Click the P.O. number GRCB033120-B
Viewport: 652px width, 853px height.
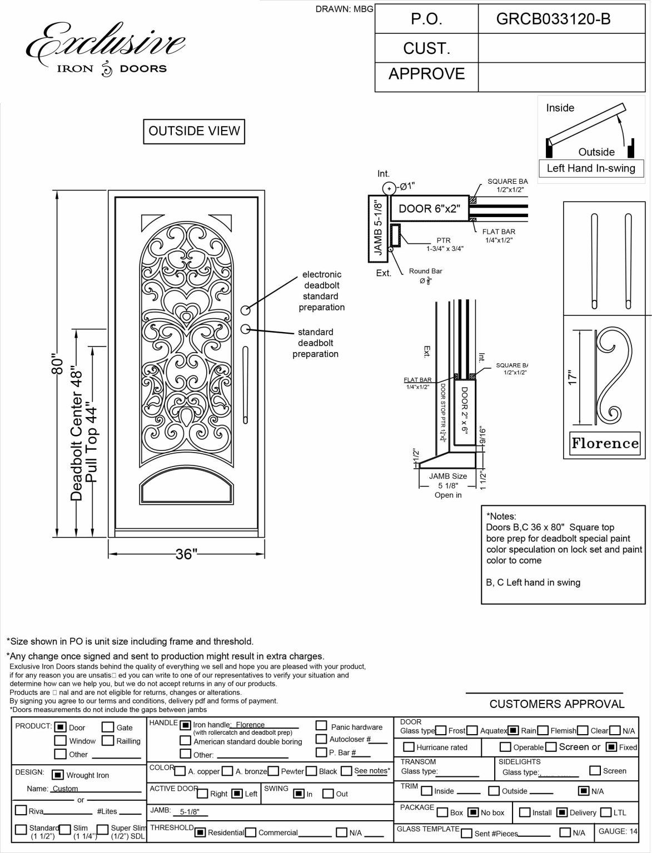[x=553, y=19]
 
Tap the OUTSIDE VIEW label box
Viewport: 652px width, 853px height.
[x=194, y=131]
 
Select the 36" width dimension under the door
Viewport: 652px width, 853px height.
[x=186, y=554]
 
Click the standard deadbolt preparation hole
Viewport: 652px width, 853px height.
[x=245, y=329]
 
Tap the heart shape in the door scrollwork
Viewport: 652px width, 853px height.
[x=186, y=308]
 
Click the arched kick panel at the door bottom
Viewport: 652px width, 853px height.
[x=186, y=489]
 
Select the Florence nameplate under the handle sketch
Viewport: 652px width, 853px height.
[x=605, y=443]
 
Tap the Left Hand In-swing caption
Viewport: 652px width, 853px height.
[x=591, y=168]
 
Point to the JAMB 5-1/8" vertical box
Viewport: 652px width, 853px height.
[x=379, y=228]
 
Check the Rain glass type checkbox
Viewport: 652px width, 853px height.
[x=514, y=730]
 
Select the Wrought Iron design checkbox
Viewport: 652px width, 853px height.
[x=57, y=775]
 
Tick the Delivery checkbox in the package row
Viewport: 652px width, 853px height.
[x=562, y=812]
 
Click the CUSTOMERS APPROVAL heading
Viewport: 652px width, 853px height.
[x=556, y=704]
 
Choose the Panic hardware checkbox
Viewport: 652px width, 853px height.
[x=321, y=726]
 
